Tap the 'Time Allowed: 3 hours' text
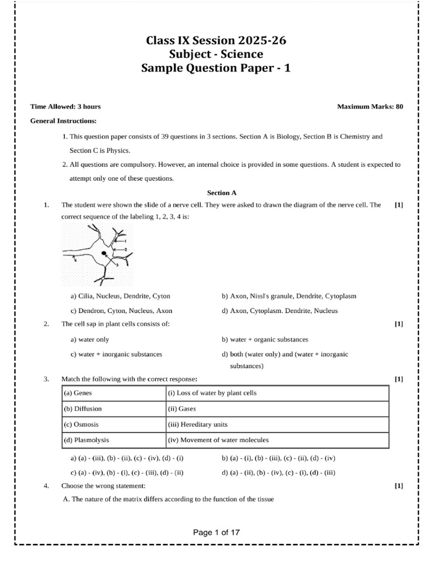point(65,106)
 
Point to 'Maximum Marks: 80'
point(370,106)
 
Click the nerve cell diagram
point(97,254)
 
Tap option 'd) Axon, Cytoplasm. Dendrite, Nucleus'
point(280,310)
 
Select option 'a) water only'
point(89,340)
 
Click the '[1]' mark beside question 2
point(399,325)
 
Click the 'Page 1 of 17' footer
point(216,532)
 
